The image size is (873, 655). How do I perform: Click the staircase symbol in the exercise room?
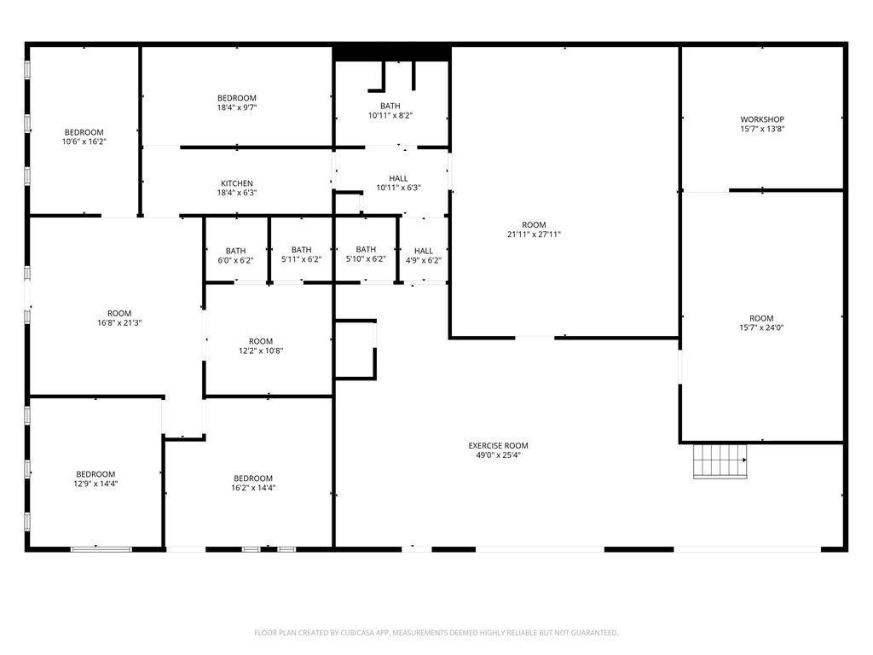[x=720, y=461]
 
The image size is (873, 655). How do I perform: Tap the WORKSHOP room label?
[x=762, y=119]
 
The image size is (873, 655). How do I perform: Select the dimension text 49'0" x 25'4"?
[x=498, y=455]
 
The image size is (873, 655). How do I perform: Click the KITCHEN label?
[x=237, y=183]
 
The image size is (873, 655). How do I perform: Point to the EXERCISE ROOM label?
[x=498, y=445]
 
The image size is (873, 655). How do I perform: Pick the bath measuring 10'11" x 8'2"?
[x=390, y=111]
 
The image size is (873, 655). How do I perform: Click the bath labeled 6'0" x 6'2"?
[x=235, y=256]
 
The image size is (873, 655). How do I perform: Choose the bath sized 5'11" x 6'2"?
[x=301, y=254]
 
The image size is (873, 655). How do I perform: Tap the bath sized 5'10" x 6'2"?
[x=366, y=254]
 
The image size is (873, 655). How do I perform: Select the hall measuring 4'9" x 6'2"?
[x=424, y=256]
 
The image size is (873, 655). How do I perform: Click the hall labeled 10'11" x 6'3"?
[x=398, y=183]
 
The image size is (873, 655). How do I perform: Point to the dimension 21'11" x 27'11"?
[x=534, y=235]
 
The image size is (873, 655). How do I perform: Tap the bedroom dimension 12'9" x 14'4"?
[x=95, y=484]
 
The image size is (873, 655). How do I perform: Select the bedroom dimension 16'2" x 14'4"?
[x=253, y=488]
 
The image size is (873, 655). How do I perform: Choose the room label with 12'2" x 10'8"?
[x=261, y=346]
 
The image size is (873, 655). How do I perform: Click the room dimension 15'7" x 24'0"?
[x=761, y=328]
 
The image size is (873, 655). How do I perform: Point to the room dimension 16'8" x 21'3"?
[x=119, y=323]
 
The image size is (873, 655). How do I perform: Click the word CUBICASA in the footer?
[x=357, y=633]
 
